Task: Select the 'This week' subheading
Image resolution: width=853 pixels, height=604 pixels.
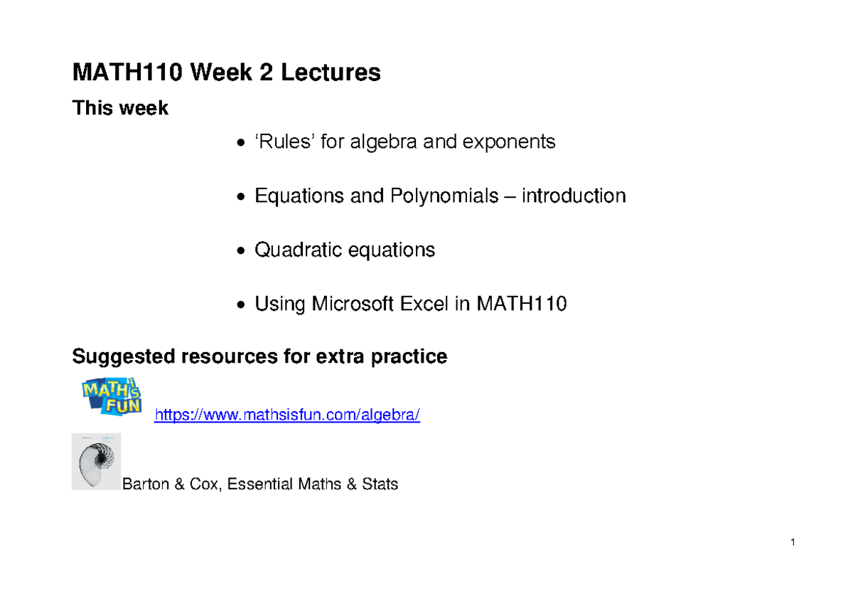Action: tap(120, 109)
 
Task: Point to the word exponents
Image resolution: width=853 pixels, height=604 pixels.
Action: tap(509, 142)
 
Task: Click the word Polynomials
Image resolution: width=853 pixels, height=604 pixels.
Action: tap(444, 196)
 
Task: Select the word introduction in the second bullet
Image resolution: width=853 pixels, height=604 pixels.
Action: tap(574, 196)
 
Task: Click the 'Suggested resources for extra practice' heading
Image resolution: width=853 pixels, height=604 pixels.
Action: tap(259, 356)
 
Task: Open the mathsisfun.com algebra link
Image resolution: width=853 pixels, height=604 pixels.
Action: tap(287, 415)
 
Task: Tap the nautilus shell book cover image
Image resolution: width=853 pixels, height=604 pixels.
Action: tap(97, 462)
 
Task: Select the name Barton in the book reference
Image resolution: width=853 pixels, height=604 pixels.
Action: tap(146, 485)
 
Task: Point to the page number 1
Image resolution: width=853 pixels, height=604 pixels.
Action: tap(791, 544)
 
